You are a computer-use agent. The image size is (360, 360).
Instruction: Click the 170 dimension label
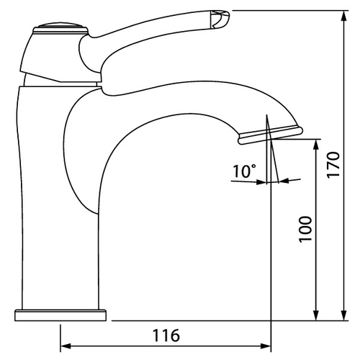point(333,164)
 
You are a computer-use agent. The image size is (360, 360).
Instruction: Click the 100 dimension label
point(306,229)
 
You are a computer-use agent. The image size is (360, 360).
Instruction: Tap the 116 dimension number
point(166,335)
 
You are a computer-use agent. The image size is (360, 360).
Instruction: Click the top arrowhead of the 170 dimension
point(345,17)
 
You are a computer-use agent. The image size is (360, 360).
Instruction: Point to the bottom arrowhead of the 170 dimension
point(345,315)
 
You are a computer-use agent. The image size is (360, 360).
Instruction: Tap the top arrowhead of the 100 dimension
point(316,145)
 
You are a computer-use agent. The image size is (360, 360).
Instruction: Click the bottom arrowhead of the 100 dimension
point(316,315)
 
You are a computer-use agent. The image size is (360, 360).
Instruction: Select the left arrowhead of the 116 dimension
point(66,346)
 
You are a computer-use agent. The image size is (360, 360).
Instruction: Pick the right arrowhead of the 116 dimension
point(266,346)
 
